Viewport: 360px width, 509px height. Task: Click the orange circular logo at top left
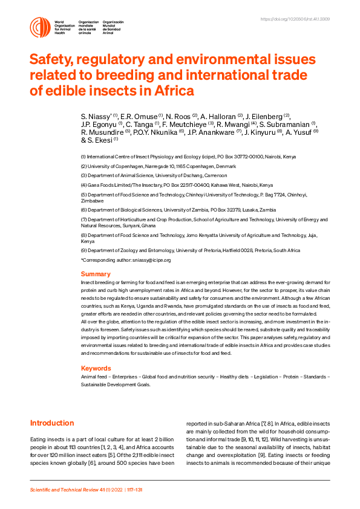(x=41, y=27)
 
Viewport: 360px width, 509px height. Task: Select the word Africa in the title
(x=172, y=91)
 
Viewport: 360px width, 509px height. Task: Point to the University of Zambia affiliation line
(x=169, y=209)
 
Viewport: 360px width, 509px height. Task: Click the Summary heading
(x=96, y=274)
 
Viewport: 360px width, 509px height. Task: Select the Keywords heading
(x=96, y=368)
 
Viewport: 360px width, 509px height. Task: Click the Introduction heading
(x=52, y=423)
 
